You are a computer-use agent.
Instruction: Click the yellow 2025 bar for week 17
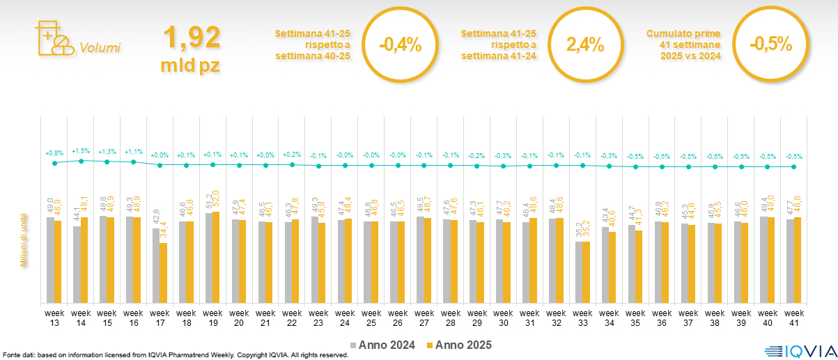tap(163, 273)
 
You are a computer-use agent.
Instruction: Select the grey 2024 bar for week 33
tap(578, 272)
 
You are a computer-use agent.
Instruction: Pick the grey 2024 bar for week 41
tap(790, 261)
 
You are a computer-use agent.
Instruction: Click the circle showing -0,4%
tap(400, 45)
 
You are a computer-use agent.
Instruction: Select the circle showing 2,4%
tap(584, 45)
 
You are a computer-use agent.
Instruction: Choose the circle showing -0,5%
tap(770, 45)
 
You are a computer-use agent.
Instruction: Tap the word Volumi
tap(100, 48)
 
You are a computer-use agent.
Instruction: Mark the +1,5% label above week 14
tap(81, 150)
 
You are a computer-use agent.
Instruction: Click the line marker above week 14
tap(81, 161)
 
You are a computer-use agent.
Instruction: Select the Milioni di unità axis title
tap(23, 241)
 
